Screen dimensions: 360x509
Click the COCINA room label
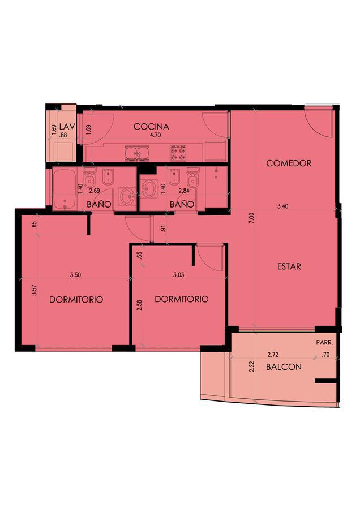(151, 127)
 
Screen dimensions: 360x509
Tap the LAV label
(67, 127)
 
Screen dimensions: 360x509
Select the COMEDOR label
(289, 163)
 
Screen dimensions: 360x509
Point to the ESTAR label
(289, 266)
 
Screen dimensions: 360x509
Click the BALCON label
(284, 367)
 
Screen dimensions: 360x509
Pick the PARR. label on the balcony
(324, 343)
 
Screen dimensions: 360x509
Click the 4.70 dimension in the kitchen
(155, 135)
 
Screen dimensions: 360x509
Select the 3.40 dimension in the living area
(283, 206)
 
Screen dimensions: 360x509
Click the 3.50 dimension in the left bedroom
(75, 275)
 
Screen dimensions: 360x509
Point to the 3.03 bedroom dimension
(179, 275)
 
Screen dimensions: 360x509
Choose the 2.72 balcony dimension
(273, 355)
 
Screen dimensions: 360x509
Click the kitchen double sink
(137, 153)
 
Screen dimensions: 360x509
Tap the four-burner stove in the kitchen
(178, 153)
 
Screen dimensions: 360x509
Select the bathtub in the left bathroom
(65, 190)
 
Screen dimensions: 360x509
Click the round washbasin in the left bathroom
(127, 196)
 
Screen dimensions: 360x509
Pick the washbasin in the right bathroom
(149, 188)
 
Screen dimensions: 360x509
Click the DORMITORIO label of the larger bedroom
(76, 300)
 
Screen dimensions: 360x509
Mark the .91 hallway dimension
(163, 228)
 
